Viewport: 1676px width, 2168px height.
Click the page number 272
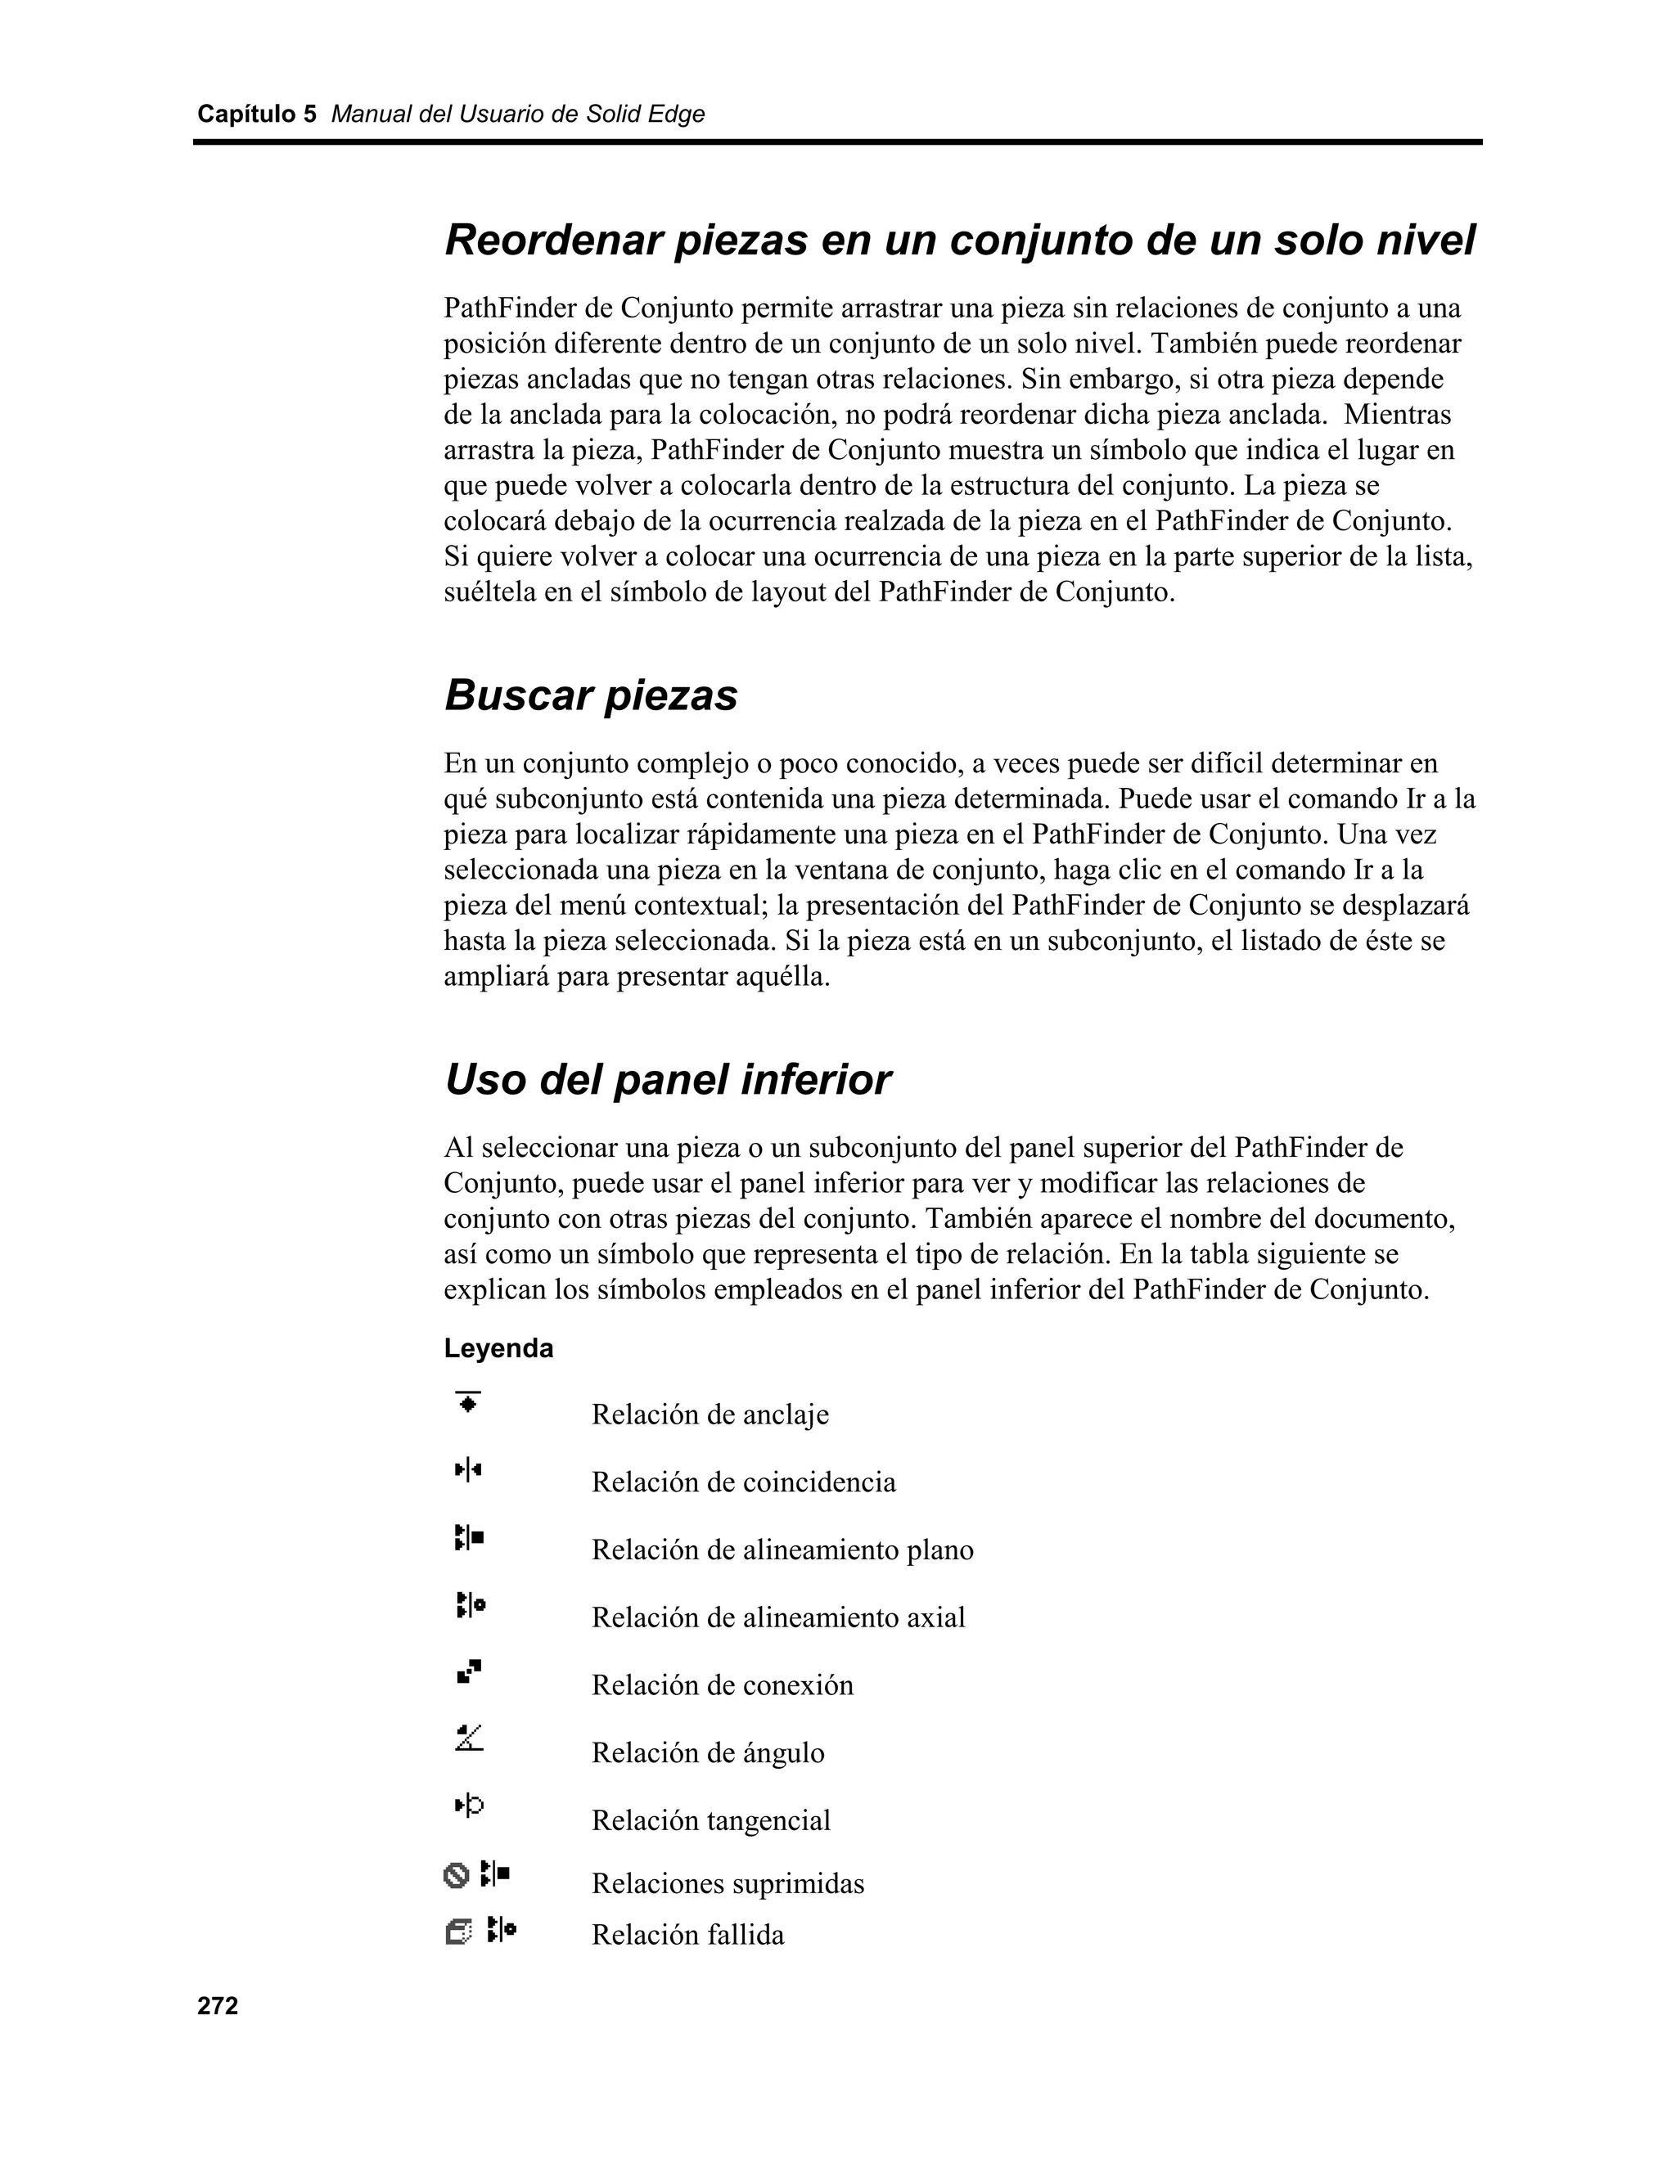click(x=218, y=2006)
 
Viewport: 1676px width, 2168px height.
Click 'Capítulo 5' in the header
click(x=256, y=115)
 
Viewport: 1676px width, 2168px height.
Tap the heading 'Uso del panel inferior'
click(x=667, y=1079)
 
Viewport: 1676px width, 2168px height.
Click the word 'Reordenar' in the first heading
click(x=553, y=241)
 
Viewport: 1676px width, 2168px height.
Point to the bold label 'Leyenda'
click(x=498, y=1348)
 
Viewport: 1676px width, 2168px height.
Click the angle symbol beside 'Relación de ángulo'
click(x=469, y=1738)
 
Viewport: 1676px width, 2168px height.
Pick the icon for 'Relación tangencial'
click(x=469, y=1806)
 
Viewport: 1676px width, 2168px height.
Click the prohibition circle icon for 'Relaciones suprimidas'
click(x=456, y=1875)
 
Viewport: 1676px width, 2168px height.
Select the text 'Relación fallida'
click(x=687, y=1935)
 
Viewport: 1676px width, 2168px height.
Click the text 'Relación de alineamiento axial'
click(x=778, y=1617)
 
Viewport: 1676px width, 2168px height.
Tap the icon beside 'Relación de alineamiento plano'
click(x=469, y=1538)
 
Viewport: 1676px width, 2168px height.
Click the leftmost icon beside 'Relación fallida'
click(x=457, y=1932)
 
